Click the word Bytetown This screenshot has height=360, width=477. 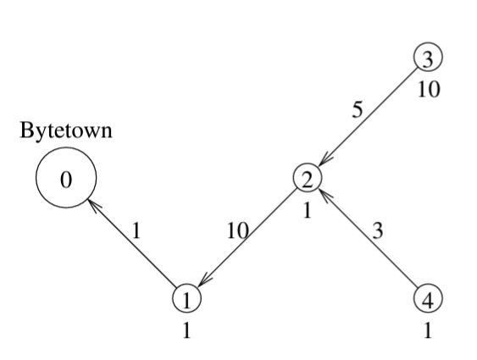pos(66,130)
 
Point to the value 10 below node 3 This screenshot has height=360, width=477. pos(429,90)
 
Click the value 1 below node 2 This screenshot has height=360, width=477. pos(308,210)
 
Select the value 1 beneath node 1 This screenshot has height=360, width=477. pos(186,330)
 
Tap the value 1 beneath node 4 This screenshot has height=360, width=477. pos(428,330)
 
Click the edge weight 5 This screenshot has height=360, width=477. pos(358,110)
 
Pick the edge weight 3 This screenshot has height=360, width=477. pos(378,230)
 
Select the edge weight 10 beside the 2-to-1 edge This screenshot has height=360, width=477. pos(238,230)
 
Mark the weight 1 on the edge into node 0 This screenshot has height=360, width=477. pos(136,230)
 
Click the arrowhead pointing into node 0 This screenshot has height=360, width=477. pos(93,204)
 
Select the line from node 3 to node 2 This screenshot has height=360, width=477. pos(368,118)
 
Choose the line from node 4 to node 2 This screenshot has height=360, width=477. pos(368,238)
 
